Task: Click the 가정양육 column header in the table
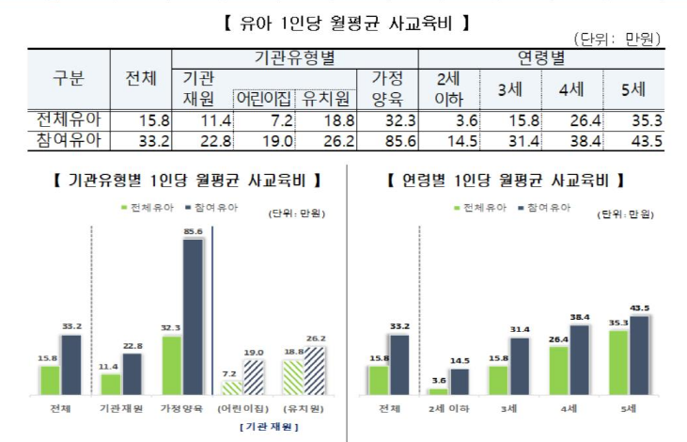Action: coord(388,88)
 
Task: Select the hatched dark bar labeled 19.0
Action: coord(254,376)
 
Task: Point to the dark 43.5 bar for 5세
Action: coord(642,355)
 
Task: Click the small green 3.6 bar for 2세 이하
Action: coord(438,390)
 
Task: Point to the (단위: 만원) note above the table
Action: coord(618,39)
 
